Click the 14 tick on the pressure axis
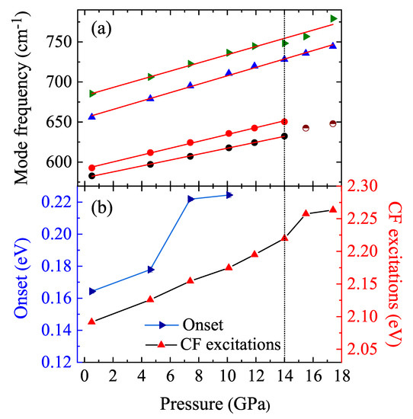(x=284, y=377)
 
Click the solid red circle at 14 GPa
(x=284, y=121)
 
